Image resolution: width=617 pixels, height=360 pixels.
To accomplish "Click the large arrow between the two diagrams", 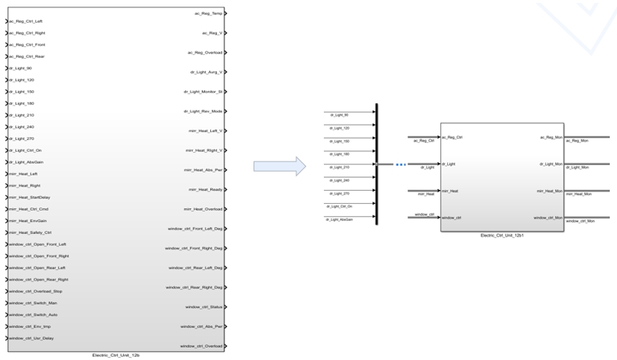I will tap(279, 166).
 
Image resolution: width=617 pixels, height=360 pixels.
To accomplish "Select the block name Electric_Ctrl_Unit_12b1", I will tap(502, 235).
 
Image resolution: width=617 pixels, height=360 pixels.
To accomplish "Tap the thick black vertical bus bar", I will tap(377, 164).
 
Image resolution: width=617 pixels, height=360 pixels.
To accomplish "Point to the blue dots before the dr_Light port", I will tap(400, 164).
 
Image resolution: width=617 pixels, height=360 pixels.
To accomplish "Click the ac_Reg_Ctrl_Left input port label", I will tap(26, 21).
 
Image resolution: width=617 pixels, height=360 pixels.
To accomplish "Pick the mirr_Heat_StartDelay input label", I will tap(29, 197).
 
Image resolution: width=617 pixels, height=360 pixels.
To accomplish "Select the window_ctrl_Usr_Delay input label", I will tap(31, 338).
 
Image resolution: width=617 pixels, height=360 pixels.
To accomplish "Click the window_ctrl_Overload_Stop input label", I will tap(35, 291).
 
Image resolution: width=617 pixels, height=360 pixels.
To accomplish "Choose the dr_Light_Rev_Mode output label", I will tap(203, 111).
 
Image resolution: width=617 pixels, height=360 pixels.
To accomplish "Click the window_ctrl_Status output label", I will tap(204, 306).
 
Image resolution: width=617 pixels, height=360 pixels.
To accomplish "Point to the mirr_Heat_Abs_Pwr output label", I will tap(203, 170).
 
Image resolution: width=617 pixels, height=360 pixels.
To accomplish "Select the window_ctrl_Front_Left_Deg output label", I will tap(194, 229).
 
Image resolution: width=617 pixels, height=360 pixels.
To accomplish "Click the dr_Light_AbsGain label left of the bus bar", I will tap(341, 219).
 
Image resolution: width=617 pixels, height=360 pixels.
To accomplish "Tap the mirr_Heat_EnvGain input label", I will tap(28, 221).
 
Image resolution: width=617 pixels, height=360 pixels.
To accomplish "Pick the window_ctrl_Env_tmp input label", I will tap(31, 326).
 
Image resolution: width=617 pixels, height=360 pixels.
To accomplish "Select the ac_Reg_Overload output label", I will tap(205, 53).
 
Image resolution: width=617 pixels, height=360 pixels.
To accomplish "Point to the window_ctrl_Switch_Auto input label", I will tap(32, 315).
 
